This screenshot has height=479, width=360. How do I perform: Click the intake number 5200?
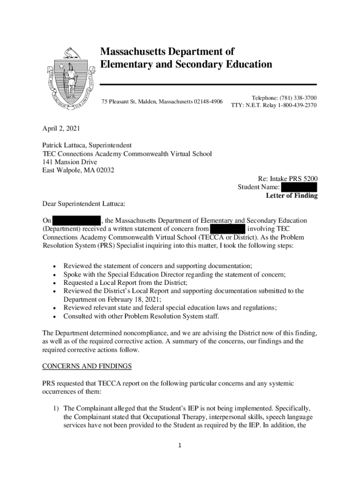[x=309, y=179]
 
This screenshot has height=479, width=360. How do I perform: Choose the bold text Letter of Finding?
[x=291, y=196]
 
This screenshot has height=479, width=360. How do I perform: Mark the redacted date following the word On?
[x=77, y=220]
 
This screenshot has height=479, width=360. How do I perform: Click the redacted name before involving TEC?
[x=228, y=229]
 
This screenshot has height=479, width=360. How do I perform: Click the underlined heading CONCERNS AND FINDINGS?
[x=87, y=365]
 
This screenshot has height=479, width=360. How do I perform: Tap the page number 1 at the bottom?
[x=180, y=445]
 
